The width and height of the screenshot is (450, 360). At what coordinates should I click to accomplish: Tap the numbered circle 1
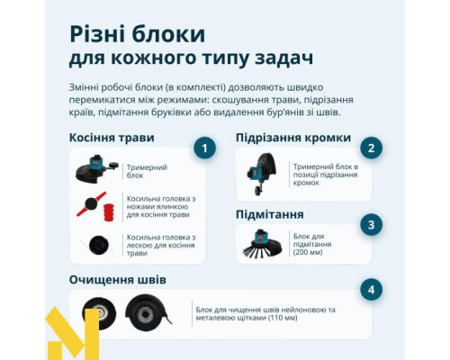205,147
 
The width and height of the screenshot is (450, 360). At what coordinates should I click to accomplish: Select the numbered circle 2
369,147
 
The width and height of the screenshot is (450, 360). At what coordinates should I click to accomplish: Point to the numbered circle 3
369,224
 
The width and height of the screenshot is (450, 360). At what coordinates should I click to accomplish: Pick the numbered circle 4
369,290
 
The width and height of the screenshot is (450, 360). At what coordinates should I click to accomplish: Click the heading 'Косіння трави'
112,138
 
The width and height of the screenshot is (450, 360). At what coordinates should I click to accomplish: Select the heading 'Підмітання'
269,214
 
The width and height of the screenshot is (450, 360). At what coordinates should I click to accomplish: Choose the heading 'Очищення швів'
115,279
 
